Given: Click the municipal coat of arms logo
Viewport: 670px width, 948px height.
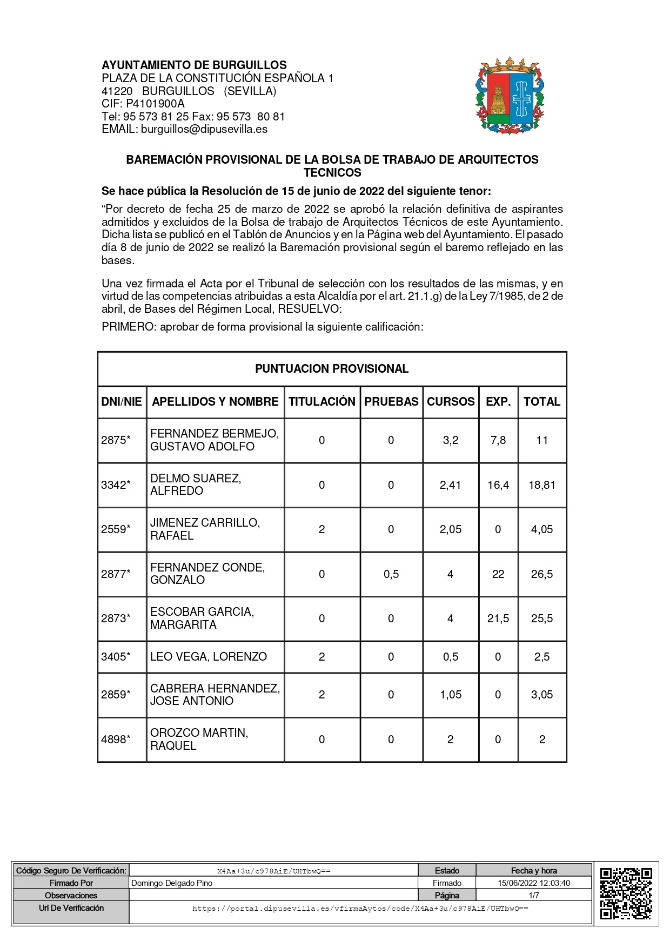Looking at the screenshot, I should pyautogui.click(x=510, y=96).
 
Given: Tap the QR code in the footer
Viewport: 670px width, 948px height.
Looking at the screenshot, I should pyautogui.click(x=626, y=893).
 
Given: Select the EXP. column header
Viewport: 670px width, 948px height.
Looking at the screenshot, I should pyautogui.click(x=498, y=401).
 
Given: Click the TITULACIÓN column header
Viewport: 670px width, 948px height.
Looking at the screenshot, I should pyautogui.click(x=322, y=401).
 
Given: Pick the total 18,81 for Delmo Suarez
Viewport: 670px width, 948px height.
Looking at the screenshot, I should pyautogui.click(x=542, y=485).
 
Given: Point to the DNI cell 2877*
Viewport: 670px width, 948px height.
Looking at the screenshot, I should pyautogui.click(x=116, y=574).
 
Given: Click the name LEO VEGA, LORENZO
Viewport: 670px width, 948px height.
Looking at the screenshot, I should pyautogui.click(x=209, y=656).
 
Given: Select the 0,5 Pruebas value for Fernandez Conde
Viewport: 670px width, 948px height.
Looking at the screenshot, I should pyautogui.click(x=391, y=574).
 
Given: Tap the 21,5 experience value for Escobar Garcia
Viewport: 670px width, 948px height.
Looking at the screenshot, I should pyautogui.click(x=498, y=618).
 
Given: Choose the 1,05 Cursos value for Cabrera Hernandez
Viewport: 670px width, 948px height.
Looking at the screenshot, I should pyautogui.click(x=451, y=695).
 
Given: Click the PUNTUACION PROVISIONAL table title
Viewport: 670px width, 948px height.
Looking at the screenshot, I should pyautogui.click(x=332, y=369).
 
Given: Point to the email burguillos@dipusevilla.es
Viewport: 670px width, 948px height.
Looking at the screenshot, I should pyautogui.click(x=204, y=129).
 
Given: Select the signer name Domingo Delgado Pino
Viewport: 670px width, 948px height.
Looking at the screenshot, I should pyautogui.click(x=172, y=883).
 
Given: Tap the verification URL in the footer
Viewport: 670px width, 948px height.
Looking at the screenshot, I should pyautogui.click(x=360, y=909).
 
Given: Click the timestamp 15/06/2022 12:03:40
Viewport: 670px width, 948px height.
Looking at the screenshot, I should pyautogui.click(x=534, y=883).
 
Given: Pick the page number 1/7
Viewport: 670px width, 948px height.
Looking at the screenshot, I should pyautogui.click(x=534, y=895).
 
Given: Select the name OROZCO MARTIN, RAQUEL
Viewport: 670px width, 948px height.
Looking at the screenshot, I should pyautogui.click(x=199, y=739).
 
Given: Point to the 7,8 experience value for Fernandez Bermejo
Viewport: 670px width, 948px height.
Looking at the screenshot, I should pyautogui.click(x=498, y=440).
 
